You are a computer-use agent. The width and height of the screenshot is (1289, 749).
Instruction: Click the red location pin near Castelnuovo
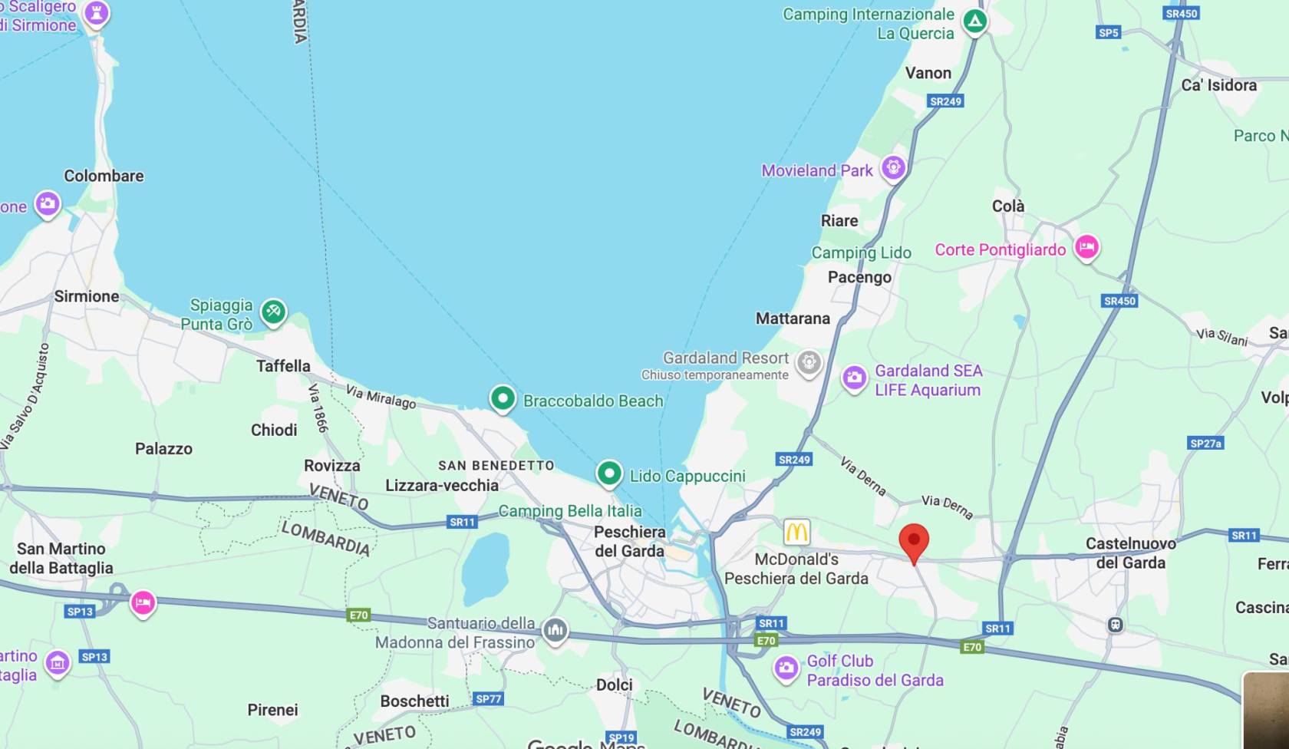pos(913,541)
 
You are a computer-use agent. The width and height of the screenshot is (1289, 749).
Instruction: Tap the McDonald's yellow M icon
pos(796,531)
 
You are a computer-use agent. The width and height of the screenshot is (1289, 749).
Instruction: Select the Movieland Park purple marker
pos(893,167)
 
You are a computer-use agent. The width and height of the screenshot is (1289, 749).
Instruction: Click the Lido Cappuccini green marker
pos(608,473)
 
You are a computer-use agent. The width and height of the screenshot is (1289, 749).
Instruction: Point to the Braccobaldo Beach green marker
pos(503,398)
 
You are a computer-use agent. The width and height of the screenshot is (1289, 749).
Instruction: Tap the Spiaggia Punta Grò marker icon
pos(273,312)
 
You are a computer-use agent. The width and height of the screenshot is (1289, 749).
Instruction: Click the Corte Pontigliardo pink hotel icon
pos(1086,247)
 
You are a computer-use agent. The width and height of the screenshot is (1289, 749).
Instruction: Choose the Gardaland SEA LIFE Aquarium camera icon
pos(854,378)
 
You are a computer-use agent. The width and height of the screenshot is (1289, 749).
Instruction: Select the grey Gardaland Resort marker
pos(809,362)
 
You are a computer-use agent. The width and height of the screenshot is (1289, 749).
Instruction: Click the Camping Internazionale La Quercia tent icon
pos(974,21)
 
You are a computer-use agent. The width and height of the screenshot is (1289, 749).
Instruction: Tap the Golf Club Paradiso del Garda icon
pos(786,668)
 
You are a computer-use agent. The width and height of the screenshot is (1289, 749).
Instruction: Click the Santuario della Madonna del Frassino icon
pos(555,631)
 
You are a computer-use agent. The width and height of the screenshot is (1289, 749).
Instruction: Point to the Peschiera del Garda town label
pos(629,541)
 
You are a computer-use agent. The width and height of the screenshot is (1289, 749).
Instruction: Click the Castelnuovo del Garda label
pos(1130,553)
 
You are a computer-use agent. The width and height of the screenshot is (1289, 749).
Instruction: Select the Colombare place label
pos(104,176)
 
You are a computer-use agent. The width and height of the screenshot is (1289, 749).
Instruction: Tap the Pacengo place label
pos(859,277)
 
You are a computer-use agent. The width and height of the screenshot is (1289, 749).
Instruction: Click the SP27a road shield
pos(1205,443)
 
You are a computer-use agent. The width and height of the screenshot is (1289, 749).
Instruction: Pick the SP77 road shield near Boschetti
pos(488,698)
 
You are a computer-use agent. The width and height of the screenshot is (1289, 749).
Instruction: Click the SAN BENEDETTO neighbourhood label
pos(496,465)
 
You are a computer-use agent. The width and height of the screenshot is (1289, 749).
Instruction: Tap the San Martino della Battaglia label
pos(61,558)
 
